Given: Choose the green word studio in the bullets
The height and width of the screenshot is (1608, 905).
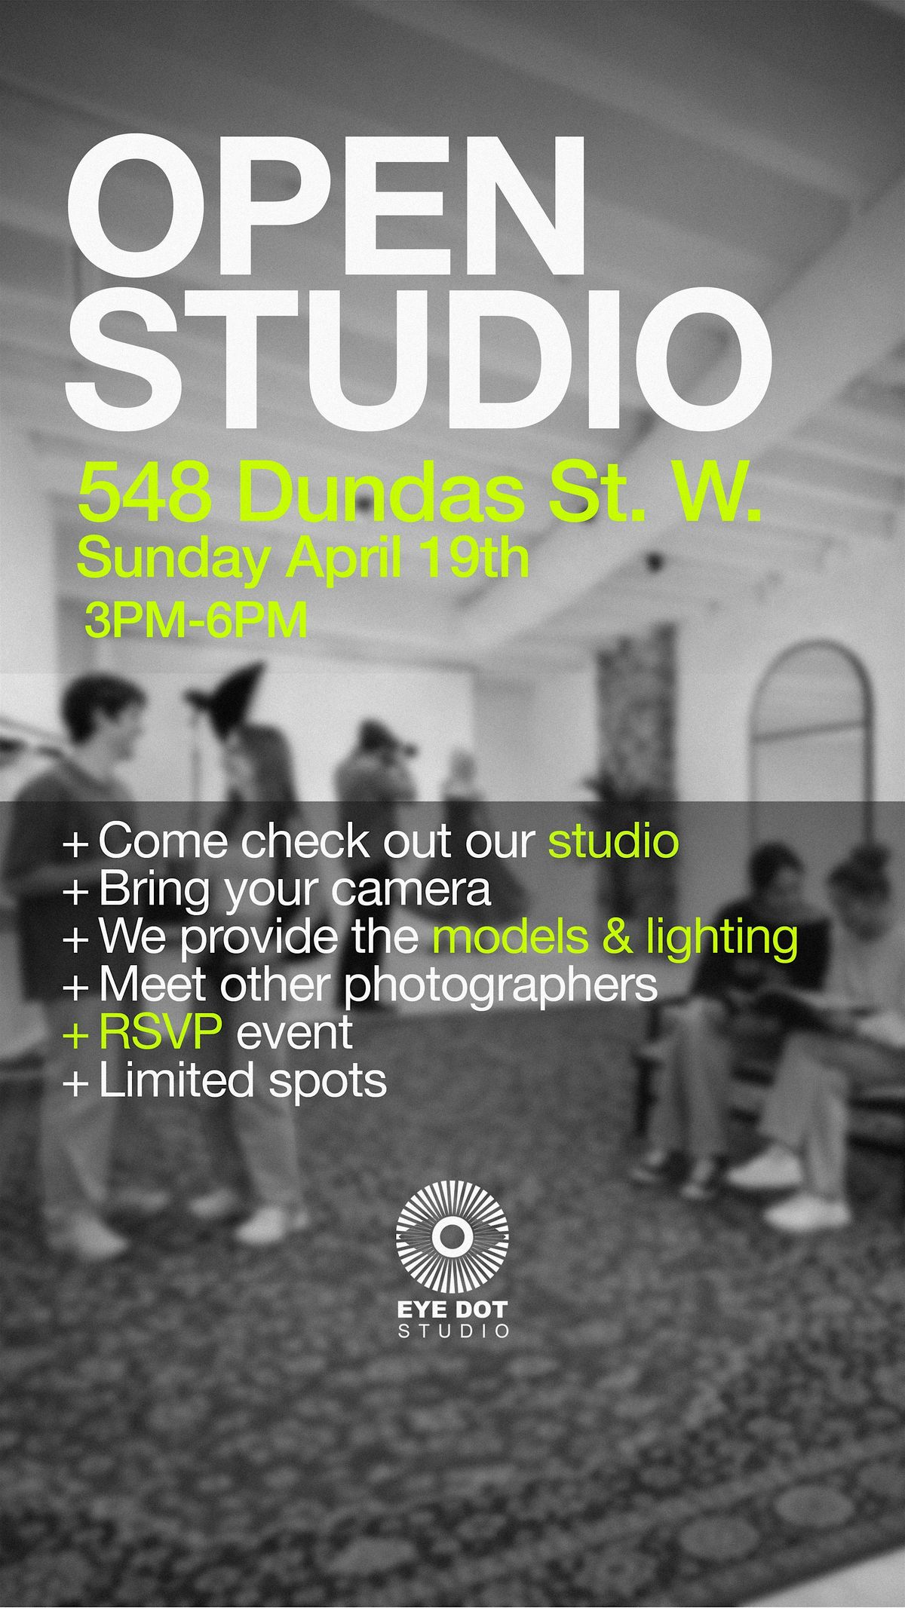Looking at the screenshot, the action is point(613,841).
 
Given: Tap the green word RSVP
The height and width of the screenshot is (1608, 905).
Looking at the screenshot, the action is point(161,1033).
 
